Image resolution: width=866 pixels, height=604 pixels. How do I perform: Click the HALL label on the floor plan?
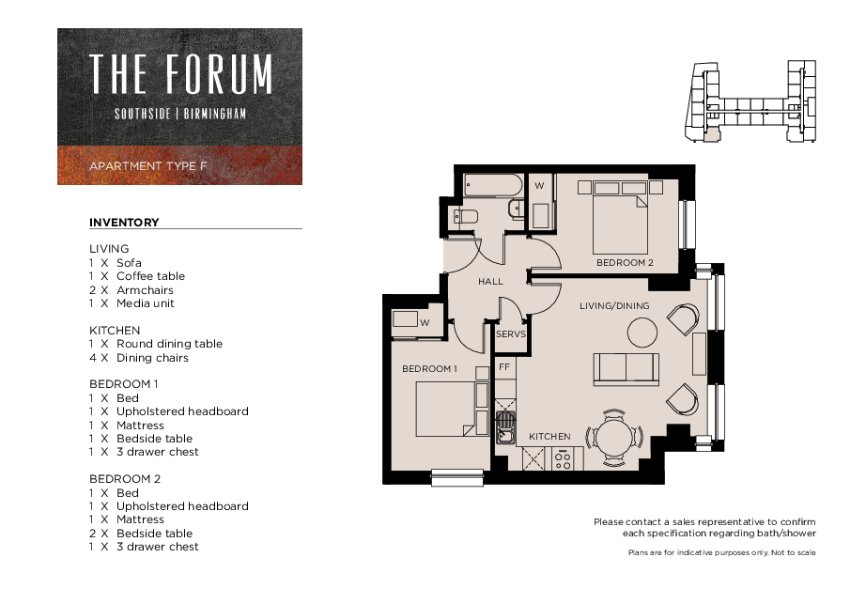pos(490,282)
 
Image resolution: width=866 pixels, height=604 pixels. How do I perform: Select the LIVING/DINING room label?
pos(614,305)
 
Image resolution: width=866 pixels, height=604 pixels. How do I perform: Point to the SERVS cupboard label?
pos(511,334)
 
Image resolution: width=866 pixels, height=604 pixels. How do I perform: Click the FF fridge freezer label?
pos(504,366)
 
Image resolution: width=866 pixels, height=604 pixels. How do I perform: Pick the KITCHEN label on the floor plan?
pos(549,437)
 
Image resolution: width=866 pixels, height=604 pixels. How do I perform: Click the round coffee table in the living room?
pos(642,333)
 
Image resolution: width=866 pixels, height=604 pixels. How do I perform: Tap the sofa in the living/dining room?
pos(626,368)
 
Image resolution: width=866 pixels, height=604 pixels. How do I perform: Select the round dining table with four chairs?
pos(613,436)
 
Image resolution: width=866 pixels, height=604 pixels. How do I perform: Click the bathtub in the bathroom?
pos(493,185)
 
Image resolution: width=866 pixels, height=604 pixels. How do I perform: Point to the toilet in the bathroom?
pos(466,218)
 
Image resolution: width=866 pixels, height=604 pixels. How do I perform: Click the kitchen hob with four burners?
pos(564,459)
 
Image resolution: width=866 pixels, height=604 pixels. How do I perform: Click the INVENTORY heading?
pos(124,223)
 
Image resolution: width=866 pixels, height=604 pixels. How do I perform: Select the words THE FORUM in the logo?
pos(180,74)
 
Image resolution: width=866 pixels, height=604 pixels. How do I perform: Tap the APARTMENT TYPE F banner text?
pos(147,166)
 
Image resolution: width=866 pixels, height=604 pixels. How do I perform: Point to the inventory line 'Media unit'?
pos(145,303)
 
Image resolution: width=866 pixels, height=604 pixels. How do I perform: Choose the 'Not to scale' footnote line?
pos(721,553)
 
